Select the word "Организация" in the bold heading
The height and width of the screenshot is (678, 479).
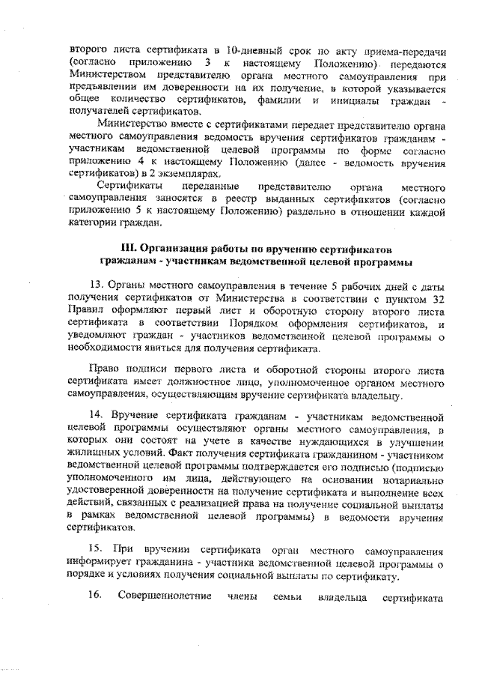coord(177,248)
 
